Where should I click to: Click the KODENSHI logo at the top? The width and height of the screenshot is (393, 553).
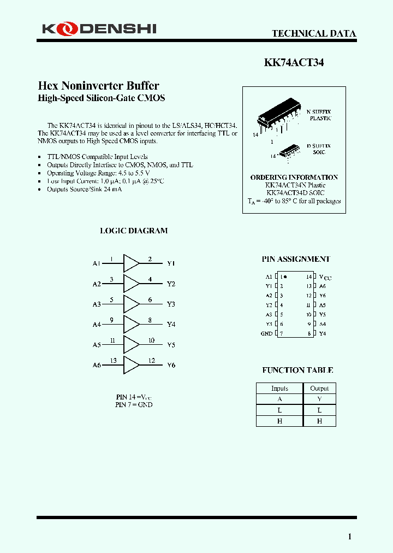click(99, 28)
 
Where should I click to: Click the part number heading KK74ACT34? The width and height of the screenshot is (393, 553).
click(294, 63)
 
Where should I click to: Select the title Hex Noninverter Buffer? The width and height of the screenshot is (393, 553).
click(98, 86)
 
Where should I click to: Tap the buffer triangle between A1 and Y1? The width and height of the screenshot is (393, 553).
click(131, 263)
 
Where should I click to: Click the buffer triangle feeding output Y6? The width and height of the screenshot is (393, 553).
click(131, 365)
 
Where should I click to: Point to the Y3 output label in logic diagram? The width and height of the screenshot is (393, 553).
click(171, 304)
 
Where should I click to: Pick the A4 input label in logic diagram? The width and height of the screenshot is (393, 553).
click(97, 325)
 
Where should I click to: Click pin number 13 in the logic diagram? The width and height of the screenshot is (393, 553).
click(113, 361)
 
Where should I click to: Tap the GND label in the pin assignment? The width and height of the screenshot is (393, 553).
click(266, 333)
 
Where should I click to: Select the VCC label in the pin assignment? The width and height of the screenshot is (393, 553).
click(325, 277)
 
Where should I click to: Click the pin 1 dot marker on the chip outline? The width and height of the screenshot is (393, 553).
click(285, 277)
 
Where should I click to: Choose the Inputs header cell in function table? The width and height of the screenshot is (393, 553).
click(279, 389)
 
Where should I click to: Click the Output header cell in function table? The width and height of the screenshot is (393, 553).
click(319, 389)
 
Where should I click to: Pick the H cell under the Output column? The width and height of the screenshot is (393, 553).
click(319, 421)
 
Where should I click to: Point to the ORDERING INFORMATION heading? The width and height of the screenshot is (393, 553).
click(294, 178)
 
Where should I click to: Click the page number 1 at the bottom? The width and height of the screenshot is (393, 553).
click(350, 537)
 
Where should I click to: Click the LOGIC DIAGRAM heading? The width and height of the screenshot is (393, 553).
click(134, 231)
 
